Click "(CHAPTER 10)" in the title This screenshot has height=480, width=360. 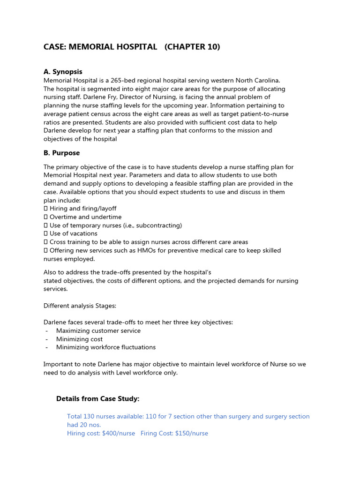coord(192,47)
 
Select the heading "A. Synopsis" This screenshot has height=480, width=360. coord(63,72)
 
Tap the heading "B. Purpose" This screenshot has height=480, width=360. coord(61,153)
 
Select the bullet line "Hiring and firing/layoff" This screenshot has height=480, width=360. coord(83,209)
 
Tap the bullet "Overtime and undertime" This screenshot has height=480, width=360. coord(85,217)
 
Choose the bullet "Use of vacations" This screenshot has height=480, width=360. coord(74,233)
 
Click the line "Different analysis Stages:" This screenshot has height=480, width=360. coord(80,306)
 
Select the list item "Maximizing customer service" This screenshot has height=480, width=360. coord(98,330)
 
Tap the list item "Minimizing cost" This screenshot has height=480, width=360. coord(79,339)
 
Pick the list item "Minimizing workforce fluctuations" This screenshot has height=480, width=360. coord(106,347)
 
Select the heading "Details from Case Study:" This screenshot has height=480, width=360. coord(97,399)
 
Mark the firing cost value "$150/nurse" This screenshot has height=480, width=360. coord(191,434)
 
